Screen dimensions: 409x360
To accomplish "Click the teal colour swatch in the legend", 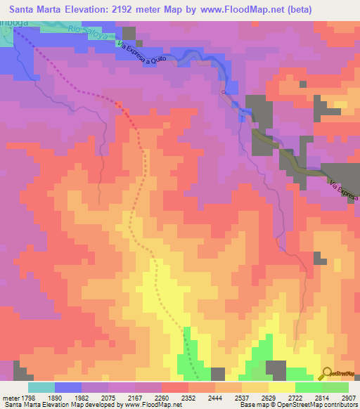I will [x=41, y=387].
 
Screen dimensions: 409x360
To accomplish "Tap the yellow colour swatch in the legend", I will [x=281, y=387].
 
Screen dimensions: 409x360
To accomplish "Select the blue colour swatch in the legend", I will [x=67, y=387].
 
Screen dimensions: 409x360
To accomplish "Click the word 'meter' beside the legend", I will [x=11, y=397].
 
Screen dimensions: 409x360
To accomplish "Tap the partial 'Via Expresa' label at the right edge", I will [x=345, y=189].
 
